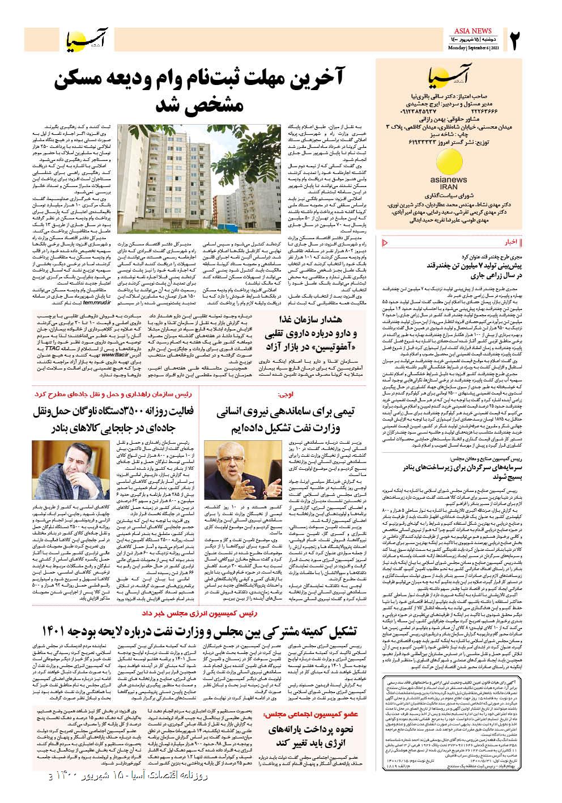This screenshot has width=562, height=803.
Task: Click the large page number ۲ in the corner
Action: point(516,42)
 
